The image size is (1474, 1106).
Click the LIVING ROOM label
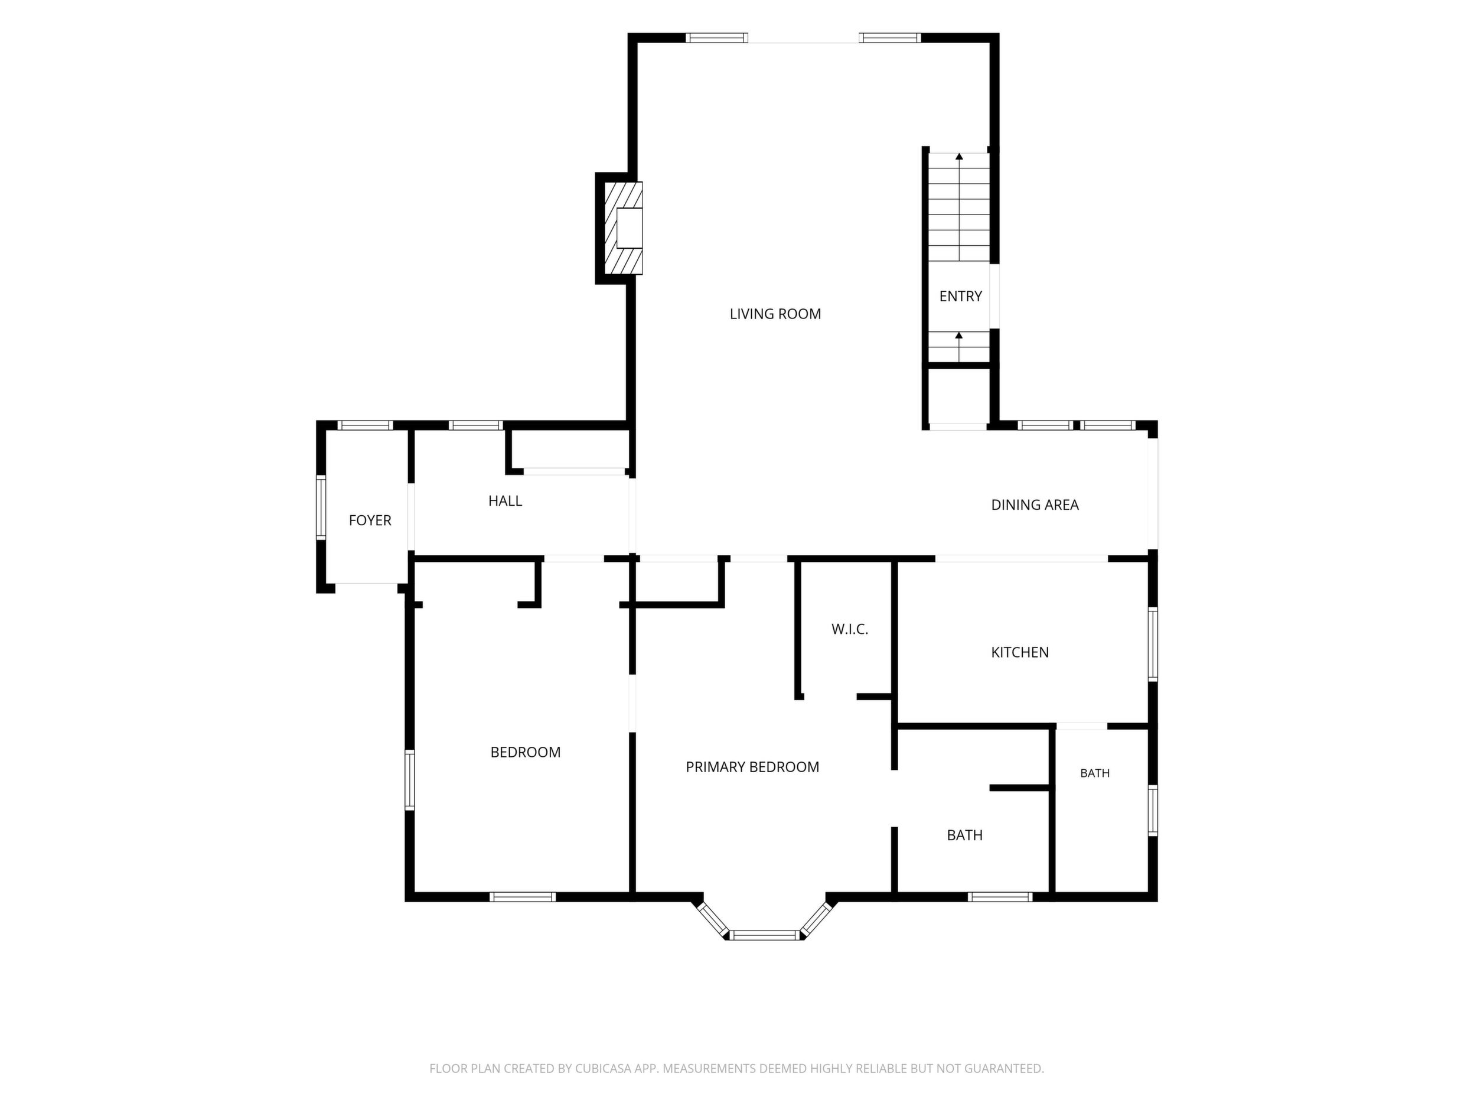775,314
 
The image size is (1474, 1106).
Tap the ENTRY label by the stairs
960,296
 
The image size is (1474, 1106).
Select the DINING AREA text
1035,505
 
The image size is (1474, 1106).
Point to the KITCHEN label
1019,652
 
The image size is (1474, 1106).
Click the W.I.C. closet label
850,629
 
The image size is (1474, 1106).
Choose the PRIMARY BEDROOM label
752,767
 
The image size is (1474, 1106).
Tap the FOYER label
370,520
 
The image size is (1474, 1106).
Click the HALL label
505,500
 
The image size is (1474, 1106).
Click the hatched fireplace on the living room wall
624,228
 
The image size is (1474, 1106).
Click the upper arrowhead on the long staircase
960,157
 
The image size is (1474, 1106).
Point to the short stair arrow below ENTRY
959,347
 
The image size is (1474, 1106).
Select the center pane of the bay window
764,935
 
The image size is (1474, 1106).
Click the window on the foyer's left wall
321,508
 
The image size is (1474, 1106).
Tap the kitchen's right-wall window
1153,643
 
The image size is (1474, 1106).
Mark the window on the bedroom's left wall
410,780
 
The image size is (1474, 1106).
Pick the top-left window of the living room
717,38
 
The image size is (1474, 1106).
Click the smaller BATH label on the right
1095,773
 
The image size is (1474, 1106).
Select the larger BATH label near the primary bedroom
964,835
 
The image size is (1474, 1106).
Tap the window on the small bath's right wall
1153,810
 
